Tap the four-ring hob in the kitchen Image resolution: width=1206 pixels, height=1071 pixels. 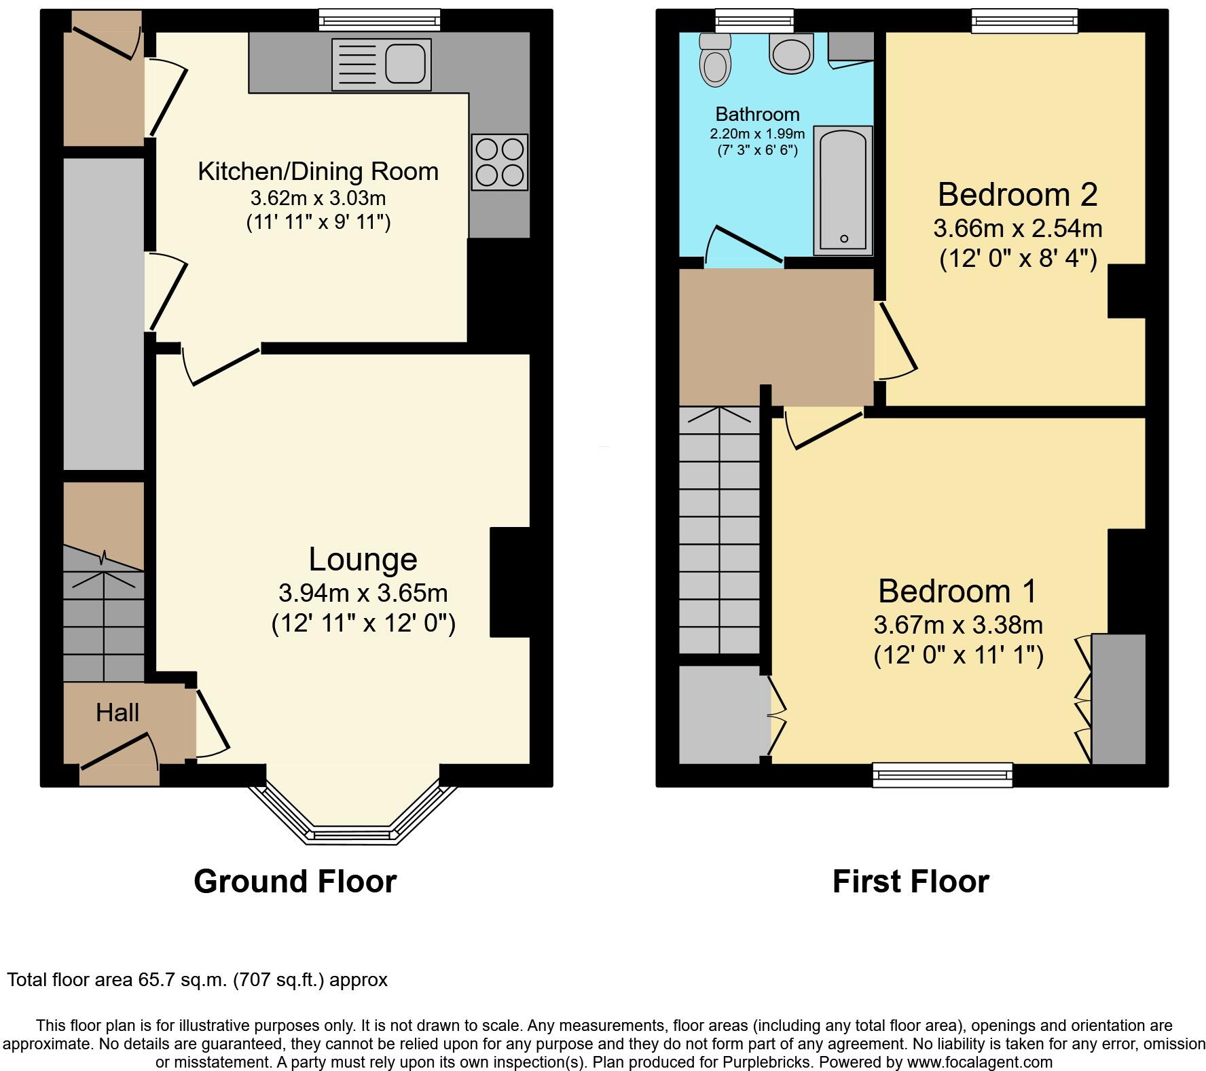pyautogui.click(x=500, y=162)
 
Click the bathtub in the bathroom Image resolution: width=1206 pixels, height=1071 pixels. pyautogui.click(x=843, y=191)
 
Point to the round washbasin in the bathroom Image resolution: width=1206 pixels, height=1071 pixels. pyautogui.click(x=791, y=54)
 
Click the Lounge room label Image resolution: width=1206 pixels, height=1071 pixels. pyautogui.click(x=363, y=560)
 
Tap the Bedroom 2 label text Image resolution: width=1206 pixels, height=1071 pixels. pyautogui.click(x=1017, y=195)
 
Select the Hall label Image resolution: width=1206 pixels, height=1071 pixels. pyautogui.click(x=117, y=712)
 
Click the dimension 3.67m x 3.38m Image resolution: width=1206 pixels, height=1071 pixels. pyautogui.click(x=957, y=625)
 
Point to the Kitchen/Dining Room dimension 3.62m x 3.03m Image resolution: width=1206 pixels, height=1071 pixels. pyautogui.click(x=318, y=198)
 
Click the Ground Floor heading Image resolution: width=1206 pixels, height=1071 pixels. pyautogui.click(x=295, y=882)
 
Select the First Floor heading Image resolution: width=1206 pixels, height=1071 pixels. pyautogui.click(x=910, y=882)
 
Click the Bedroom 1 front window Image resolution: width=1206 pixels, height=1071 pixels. pyautogui.click(x=942, y=775)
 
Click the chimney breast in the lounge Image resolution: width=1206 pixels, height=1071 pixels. pyautogui.click(x=509, y=582)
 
